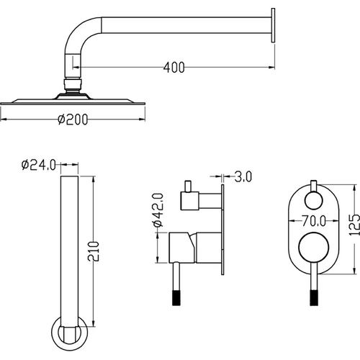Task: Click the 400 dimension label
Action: click(174, 68)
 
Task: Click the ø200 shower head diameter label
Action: click(73, 120)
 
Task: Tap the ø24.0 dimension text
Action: click(39, 165)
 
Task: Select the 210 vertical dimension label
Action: click(93, 251)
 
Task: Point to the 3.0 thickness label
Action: click(243, 176)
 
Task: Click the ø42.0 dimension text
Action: click(158, 210)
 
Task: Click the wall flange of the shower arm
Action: click(273, 25)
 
